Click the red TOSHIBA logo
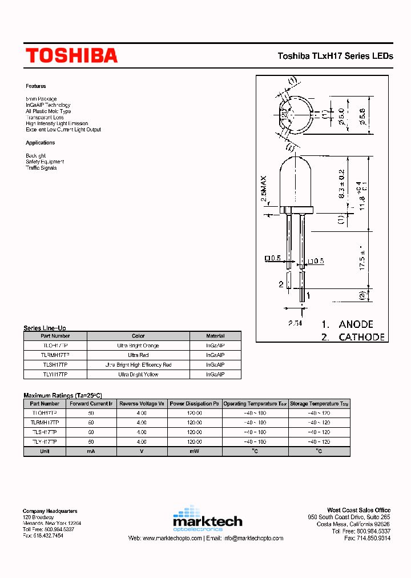tap(71, 55)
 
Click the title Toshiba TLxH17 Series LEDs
tap(335, 56)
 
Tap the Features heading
tap(35, 86)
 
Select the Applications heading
tap(40, 143)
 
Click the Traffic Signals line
tap(41, 168)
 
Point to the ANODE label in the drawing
tap(356, 324)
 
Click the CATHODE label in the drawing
tap(361, 337)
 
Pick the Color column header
tap(138, 336)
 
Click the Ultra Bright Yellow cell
tap(138, 374)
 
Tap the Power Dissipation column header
tap(195, 403)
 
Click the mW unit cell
tap(195, 451)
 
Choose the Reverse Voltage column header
tap(142, 403)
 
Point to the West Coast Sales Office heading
tap(358, 510)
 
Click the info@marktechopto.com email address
tap(253, 538)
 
